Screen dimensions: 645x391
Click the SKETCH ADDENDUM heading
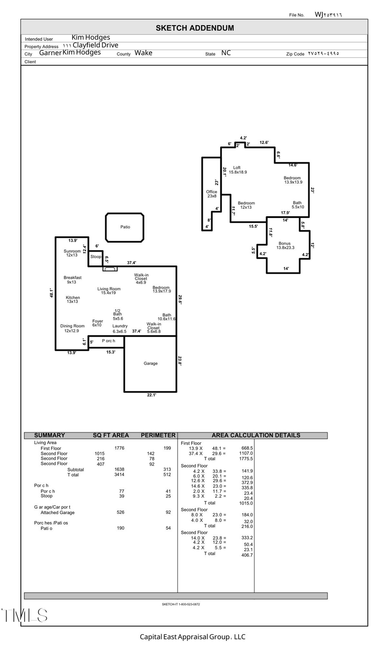click(195, 28)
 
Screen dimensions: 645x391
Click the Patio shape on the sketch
click(125, 227)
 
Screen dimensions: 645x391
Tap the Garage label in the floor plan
click(150, 363)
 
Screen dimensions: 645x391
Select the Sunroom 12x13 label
click(72, 253)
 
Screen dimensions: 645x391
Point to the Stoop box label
click(96, 257)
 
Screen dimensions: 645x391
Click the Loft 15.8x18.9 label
click(238, 170)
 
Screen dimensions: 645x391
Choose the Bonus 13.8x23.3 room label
click(285, 246)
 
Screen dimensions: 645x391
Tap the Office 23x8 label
click(212, 194)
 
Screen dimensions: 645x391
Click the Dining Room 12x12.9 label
click(72, 328)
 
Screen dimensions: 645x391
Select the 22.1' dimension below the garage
click(151, 395)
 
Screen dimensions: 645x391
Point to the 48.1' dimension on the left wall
click(51, 293)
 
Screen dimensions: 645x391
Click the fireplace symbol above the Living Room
click(110, 269)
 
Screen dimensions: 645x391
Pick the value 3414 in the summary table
click(119, 475)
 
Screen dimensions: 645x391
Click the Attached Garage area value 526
click(120, 512)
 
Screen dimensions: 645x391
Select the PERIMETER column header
click(158, 435)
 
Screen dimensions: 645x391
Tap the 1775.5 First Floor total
click(245, 458)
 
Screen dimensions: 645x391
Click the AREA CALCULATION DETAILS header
click(255, 435)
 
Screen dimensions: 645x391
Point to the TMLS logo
click(24, 615)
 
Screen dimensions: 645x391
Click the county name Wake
click(143, 53)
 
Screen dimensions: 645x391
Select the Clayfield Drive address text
click(95, 45)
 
